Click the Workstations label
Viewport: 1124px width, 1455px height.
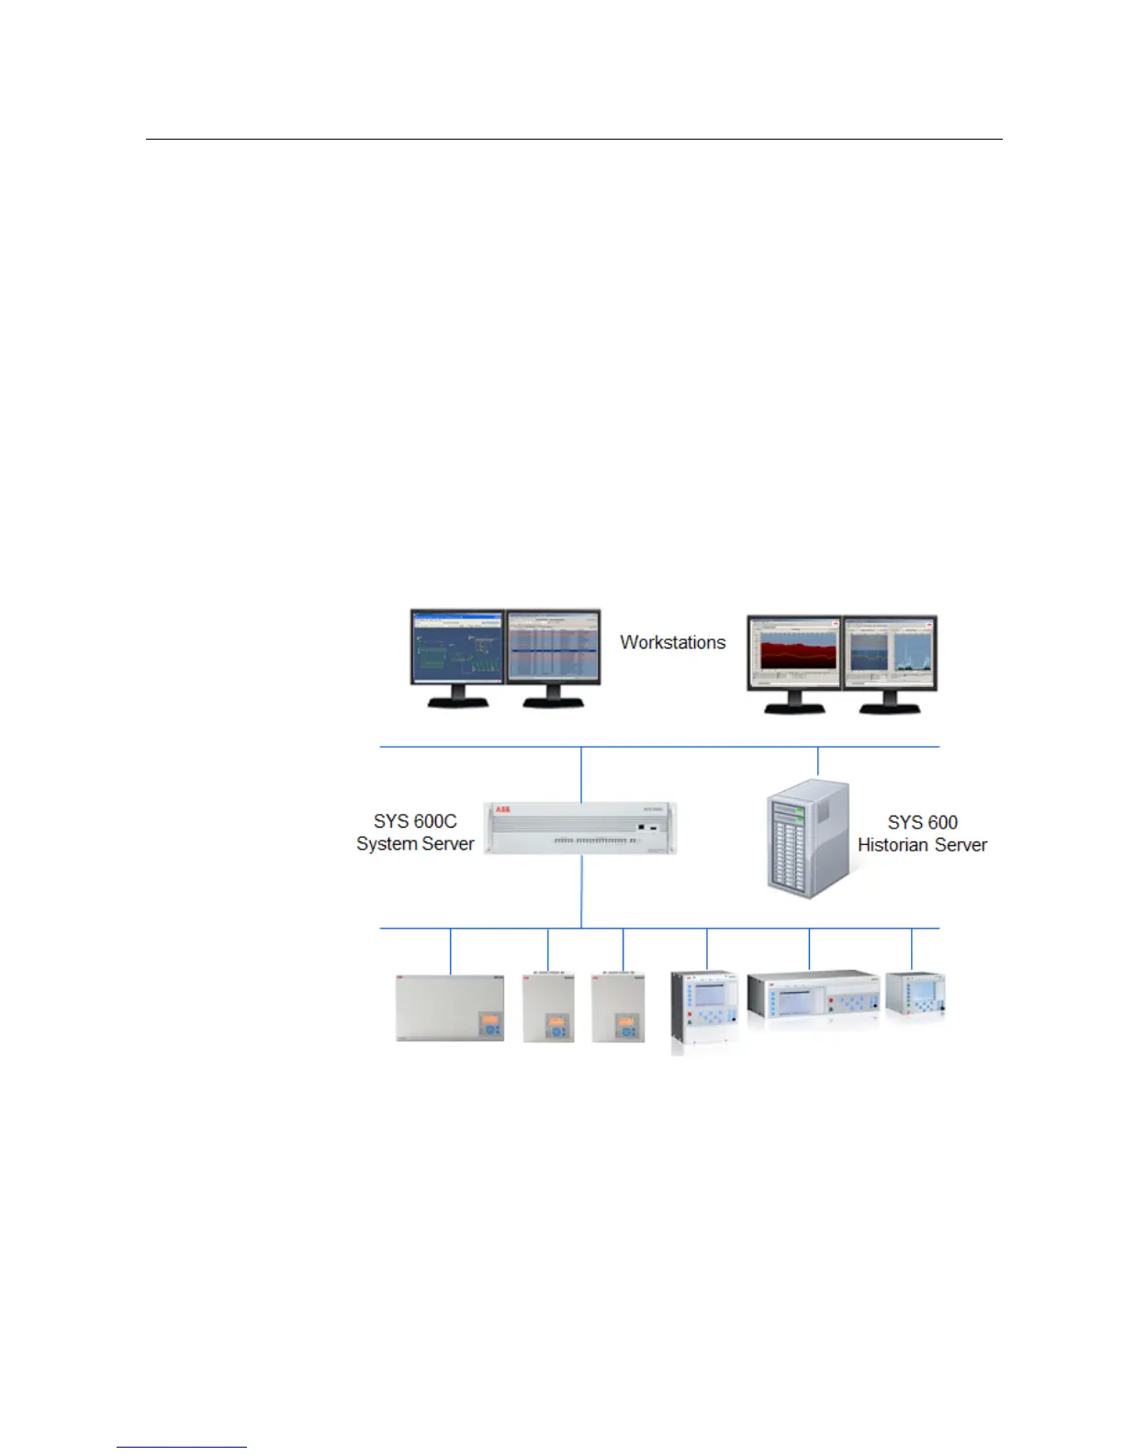(x=672, y=642)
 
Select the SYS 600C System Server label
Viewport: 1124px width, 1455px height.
(x=415, y=833)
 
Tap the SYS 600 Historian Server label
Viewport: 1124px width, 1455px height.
(x=922, y=833)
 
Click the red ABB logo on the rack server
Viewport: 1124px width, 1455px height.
(x=503, y=809)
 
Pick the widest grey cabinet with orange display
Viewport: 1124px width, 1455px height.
(x=450, y=1008)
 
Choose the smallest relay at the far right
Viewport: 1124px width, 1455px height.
(x=915, y=996)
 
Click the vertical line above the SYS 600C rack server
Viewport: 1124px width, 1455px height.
(x=581, y=773)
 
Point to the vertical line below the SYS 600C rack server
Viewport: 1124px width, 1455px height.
(x=581, y=891)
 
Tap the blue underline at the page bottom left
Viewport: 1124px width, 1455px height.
(x=182, y=1448)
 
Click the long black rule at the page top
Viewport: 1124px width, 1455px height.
(x=574, y=141)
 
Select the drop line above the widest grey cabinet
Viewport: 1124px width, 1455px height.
(x=450, y=951)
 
